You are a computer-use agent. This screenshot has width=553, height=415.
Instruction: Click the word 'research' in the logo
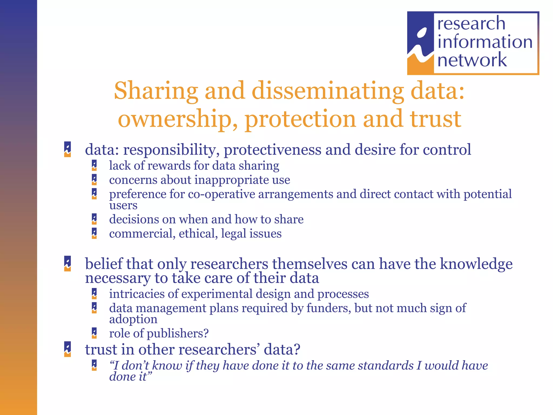point(471,24)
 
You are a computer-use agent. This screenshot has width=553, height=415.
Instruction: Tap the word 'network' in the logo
point(472,60)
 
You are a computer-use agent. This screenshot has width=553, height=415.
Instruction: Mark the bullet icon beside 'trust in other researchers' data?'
point(68,349)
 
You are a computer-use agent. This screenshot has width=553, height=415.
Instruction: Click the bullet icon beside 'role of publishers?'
point(94,333)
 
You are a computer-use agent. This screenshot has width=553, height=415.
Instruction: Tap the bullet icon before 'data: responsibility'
point(68,149)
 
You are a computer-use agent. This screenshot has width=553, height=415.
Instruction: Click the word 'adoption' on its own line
point(133,319)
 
